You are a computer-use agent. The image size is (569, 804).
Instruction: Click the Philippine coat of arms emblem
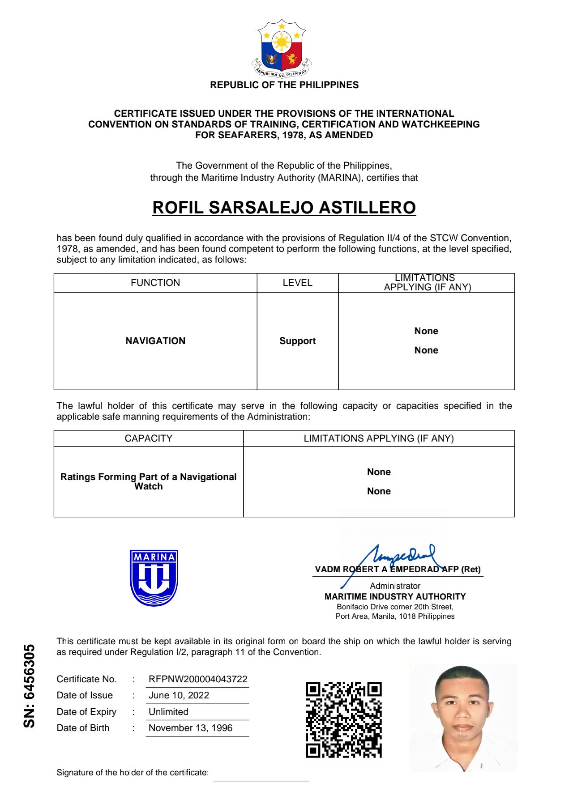coord(282,48)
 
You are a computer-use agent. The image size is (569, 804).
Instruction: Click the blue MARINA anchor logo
coord(154,578)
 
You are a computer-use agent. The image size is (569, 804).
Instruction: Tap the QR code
coord(343,720)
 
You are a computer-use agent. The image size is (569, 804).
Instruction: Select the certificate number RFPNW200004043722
coord(198,679)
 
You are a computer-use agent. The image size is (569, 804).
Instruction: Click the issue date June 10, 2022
coord(179,695)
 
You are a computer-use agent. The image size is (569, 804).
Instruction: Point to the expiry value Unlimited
coord(168,712)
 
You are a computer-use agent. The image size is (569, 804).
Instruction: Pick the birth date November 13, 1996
coord(190,728)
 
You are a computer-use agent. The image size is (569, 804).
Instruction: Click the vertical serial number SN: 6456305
coord(29,685)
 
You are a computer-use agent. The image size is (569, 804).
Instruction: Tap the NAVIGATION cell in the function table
coord(155,341)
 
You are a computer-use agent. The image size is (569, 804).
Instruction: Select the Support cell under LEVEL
coord(297,341)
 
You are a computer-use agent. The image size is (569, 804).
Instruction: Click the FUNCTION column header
coord(155,283)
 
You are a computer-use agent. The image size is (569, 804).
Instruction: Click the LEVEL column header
coord(297,283)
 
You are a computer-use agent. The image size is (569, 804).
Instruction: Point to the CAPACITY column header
coord(148,438)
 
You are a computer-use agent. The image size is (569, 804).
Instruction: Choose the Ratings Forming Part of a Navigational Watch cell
coord(148,481)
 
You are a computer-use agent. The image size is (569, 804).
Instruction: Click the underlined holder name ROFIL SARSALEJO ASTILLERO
coord(284,208)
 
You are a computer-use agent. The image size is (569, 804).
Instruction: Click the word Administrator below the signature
coord(395,586)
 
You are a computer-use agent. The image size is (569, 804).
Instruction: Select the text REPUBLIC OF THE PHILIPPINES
coord(284,85)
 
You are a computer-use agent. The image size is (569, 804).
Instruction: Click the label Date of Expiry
coord(86,712)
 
